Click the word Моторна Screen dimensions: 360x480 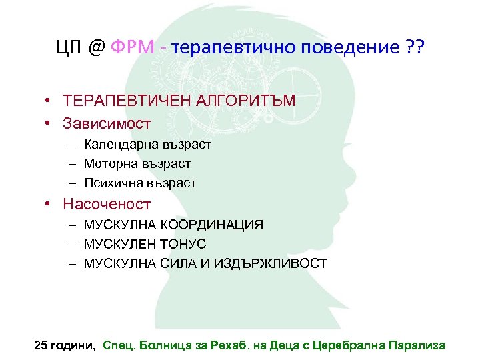(x=110, y=163)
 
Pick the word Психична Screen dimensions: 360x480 (x=113, y=182)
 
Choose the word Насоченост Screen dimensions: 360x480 (x=107, y=204)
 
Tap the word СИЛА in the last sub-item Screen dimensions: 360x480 (x=179, y=263)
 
